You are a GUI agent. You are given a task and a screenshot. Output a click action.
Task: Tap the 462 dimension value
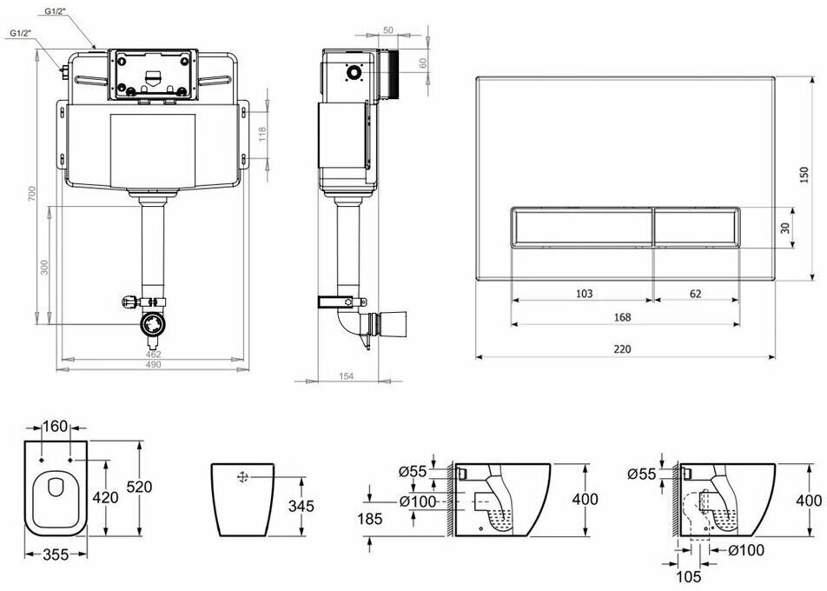pyautogui.click(x=152, y=355)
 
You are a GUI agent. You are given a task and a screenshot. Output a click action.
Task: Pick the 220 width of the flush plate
pyautogui.click(x=621, y=349)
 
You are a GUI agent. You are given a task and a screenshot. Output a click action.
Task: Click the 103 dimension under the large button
pyautogui.click(x=584, y=294)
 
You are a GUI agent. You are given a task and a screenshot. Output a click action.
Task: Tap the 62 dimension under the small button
pyautogui.click(x=695, y=294)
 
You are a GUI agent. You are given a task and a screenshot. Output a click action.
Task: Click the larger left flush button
pyautogui.click(x=579, y=228)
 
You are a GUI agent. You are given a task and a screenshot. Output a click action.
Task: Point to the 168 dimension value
pyautogui.click(x=622, y=317)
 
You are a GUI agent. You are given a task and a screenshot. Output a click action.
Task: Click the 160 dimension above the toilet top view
pyautogui.click(x=54, y=426)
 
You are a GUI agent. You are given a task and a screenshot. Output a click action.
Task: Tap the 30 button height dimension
pyautogui.click(x=785, y=228)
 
